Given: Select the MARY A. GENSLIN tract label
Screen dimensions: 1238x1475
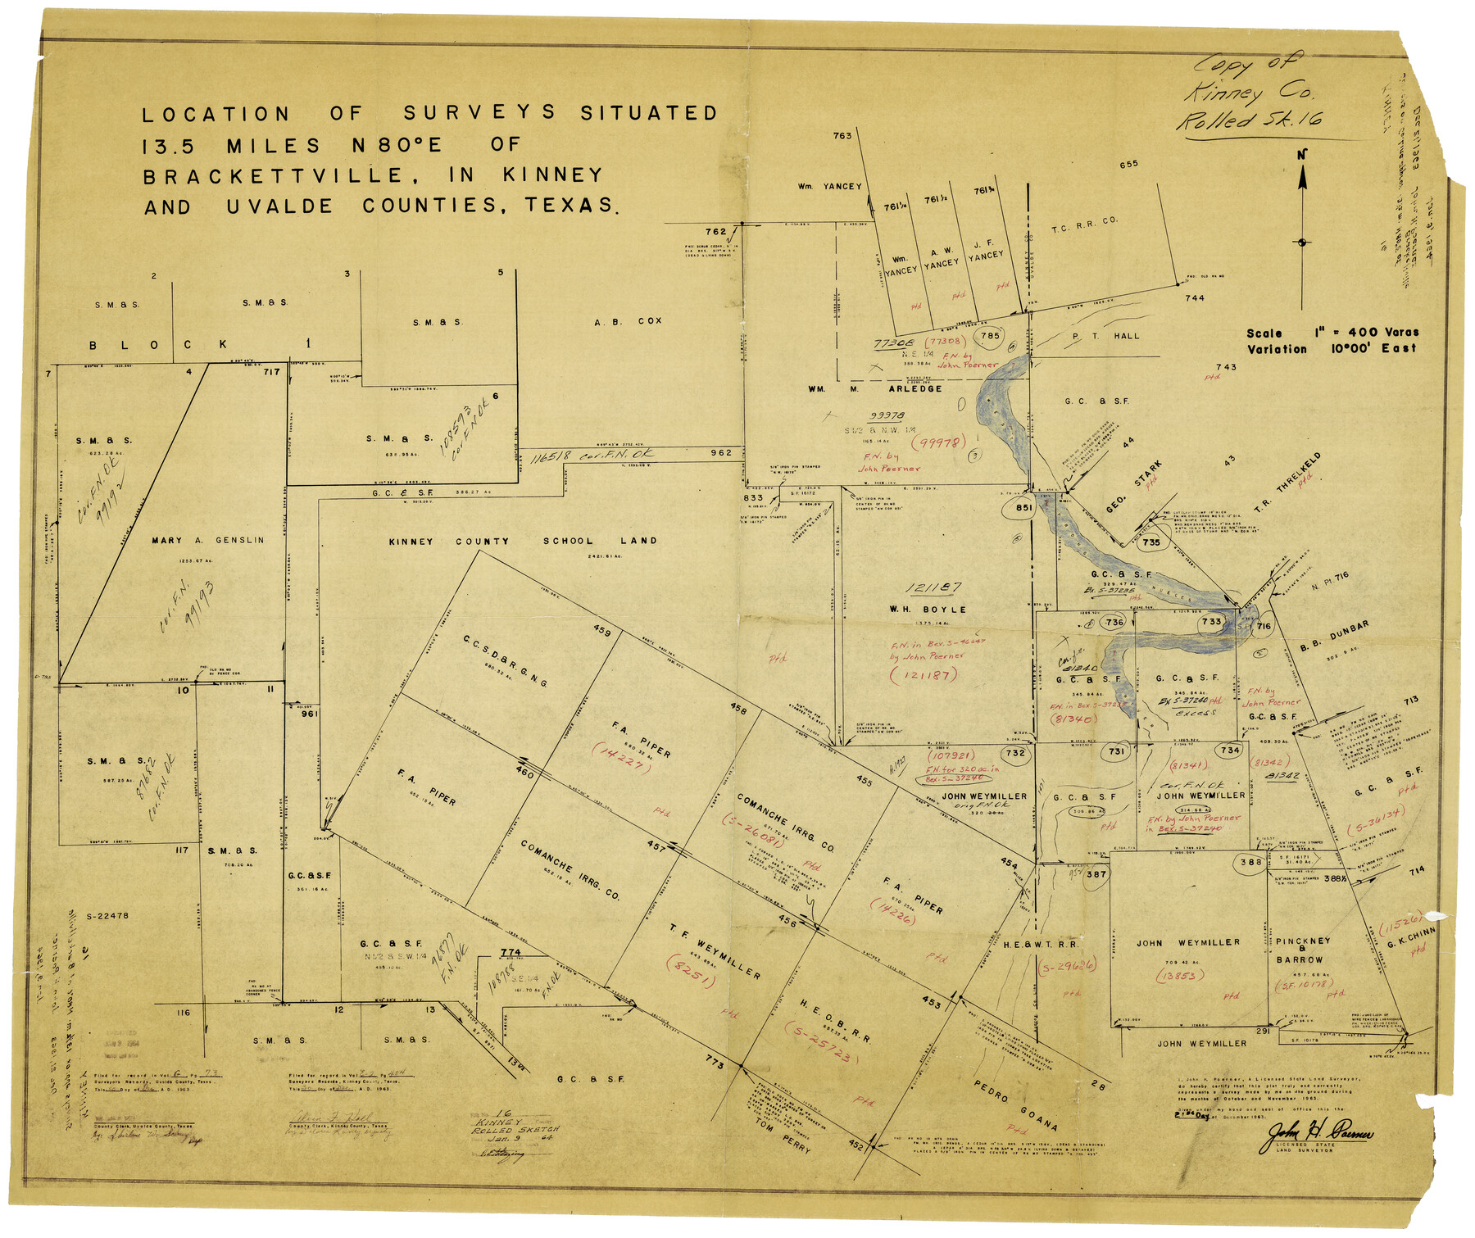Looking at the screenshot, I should click(208, 540).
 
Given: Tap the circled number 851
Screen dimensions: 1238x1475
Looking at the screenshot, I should click(1023, 507).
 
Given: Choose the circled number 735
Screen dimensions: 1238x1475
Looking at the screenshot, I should click(1151, 542).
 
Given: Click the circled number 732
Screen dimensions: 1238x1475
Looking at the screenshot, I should click(1015, 753).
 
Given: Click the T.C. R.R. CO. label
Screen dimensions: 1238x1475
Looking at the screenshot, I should click(1084, 225).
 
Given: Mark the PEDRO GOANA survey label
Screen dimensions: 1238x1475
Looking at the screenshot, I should click(1015, 1104).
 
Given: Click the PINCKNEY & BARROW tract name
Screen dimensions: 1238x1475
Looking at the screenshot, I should click(1303, 950).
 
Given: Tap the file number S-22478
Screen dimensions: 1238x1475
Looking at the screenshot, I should click(107, 916).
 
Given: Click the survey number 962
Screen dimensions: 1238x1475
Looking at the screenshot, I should click(721, 452).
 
